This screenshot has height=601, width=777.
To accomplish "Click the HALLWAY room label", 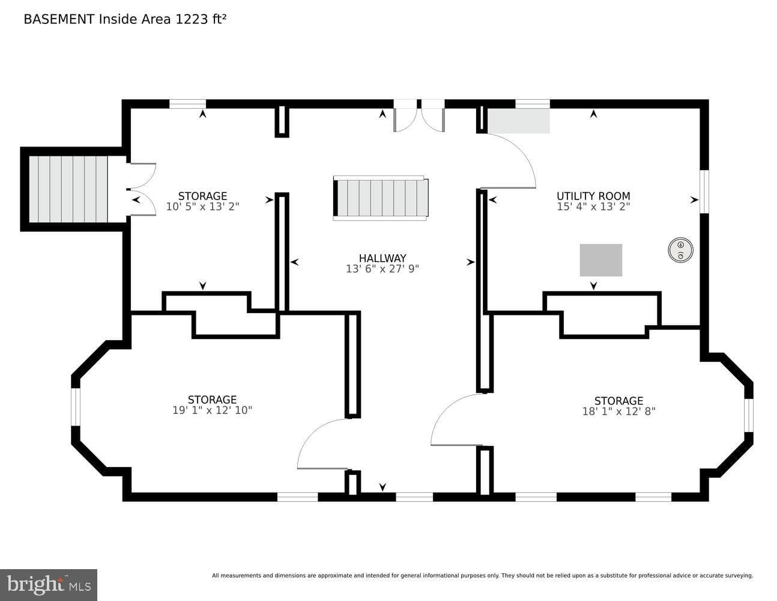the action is click(x=382, y=258).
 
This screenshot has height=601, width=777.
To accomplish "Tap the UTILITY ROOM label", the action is click(x=593, y=196).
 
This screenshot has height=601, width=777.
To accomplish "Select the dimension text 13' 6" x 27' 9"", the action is click(x=382, y=269).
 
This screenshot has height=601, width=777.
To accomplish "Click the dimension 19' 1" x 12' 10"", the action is click(x=212, y=410).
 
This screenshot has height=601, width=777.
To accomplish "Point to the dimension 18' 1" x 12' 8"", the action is click(x=618, y=411).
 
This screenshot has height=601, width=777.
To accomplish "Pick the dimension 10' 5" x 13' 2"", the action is click(x=202, y=206).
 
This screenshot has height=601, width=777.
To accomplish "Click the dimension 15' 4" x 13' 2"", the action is click(x=593, y=206).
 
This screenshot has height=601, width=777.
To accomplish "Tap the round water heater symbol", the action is click(x=680, y=249).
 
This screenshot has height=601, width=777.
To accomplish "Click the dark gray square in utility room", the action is click(x=600, y=260).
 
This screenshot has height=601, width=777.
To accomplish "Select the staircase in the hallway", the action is click(x=381, y=198).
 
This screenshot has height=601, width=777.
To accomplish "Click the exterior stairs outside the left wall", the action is click(x=68, y=189).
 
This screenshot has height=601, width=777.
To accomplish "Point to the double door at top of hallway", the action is click(x=419, y=116).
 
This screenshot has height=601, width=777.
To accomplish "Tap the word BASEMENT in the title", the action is click(x=59, y=19).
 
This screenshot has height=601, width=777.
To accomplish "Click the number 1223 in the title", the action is click(x=192, y=19).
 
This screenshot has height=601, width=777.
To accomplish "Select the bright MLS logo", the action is click(x=49, y=585).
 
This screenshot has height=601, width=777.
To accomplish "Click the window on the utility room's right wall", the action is click(x=704, y=191).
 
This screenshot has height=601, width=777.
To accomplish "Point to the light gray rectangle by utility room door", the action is click(x=519, y=121).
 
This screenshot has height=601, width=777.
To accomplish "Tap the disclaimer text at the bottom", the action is click(x=482, y=576).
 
